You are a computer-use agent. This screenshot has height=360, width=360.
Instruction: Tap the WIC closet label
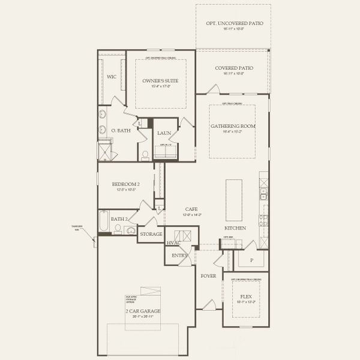click(x=112, y=77)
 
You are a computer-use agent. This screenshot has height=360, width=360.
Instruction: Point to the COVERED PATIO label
click(x=233, y=68)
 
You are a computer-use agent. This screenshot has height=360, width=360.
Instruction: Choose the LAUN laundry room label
click(x=164, y=133)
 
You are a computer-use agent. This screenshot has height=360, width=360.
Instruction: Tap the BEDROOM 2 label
click(x=126, y=184)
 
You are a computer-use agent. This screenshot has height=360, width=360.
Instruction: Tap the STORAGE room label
click(x=151, y=233)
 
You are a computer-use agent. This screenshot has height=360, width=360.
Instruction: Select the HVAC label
click(x=173, y=242)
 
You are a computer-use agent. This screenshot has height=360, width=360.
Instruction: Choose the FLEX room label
click(x=245, y=296)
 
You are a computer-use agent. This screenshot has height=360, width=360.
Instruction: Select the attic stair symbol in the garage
click(x=155, y=291)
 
